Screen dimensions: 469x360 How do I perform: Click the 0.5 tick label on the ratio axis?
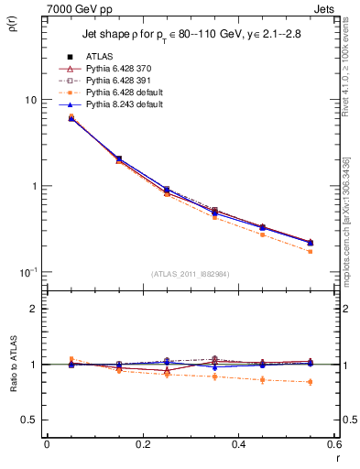tap(27, 420)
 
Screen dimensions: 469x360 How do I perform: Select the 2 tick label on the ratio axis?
tap(33, 309)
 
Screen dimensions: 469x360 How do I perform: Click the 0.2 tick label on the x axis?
tap(142, 444)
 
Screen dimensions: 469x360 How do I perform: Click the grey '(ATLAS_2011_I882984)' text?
tap(191, 273)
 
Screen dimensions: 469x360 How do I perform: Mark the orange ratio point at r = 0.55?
tap(310, 382)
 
